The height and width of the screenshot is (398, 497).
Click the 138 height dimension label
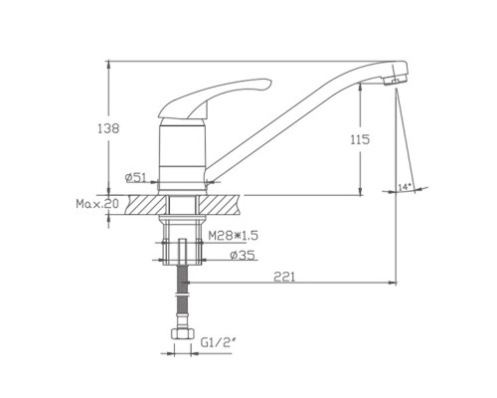pyautogui.click(x=108, y=128)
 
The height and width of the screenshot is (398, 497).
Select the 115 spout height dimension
pyautogui.click(x=360, y=139)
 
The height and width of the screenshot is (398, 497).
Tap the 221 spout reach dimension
pyautogui.click(x=284, y=277)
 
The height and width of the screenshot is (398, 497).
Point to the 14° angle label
pyautogui.click(x=405, y=187)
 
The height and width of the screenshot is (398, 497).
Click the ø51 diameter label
pyautogui.click(x=135, y=178)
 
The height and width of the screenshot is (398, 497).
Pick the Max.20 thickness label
pyautogui.click(x=97, y=204)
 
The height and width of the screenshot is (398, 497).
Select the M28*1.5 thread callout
pyautogui.click(x=233, y=236)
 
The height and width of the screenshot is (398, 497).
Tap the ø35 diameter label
pyautogui.click(x=243, y=255)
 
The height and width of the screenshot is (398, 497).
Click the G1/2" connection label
pyautogui.click(x=218, y=342)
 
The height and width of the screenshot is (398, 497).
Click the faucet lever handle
pyautogui.click(x=212, y=99)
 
